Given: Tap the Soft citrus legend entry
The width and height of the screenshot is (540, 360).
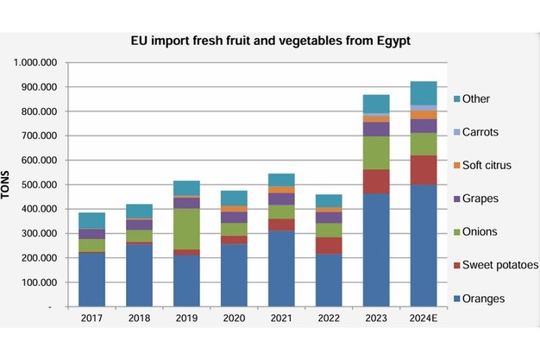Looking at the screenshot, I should [x=489, y=165].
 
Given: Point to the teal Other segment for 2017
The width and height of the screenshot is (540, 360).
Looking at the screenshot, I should [x=91, y=220].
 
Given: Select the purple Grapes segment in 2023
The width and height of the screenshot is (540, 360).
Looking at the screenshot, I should [x=376, y=129].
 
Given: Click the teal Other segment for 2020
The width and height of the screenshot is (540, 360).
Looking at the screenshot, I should [x=234, y=198].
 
